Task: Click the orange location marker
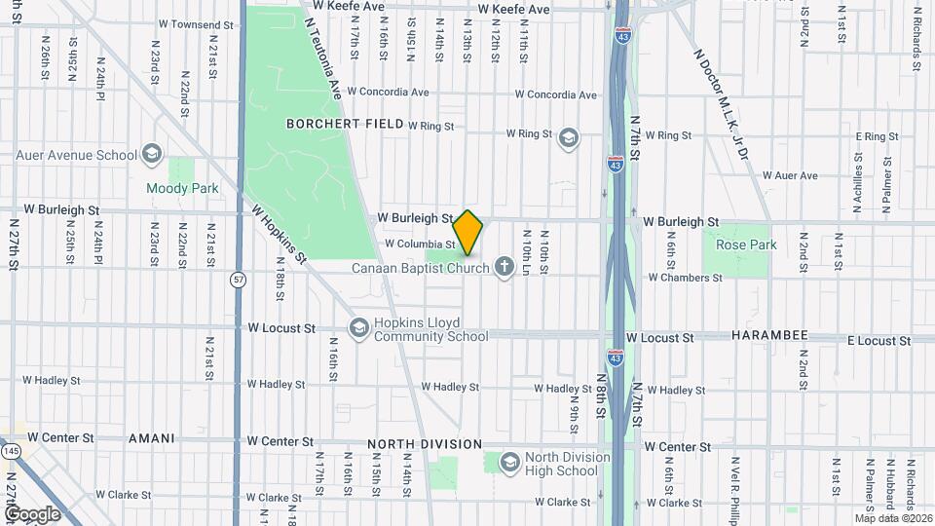click(x=468, y=233)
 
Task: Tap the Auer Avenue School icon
click(x=151, y=154)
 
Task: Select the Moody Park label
click(x=181, y=188)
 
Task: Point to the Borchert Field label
click(x=344, y=124)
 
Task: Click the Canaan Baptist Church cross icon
click(x=504, y=266)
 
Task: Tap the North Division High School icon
click(x=508, y=463)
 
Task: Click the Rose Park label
click(x=746, y=244)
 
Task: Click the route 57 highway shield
click(x=239, y=280)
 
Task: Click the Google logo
click(x=31, y=513)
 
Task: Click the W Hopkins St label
click(x=280, y=234)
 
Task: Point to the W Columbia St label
click(x=421, y=244)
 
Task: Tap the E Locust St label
click(x=879, y=341)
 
